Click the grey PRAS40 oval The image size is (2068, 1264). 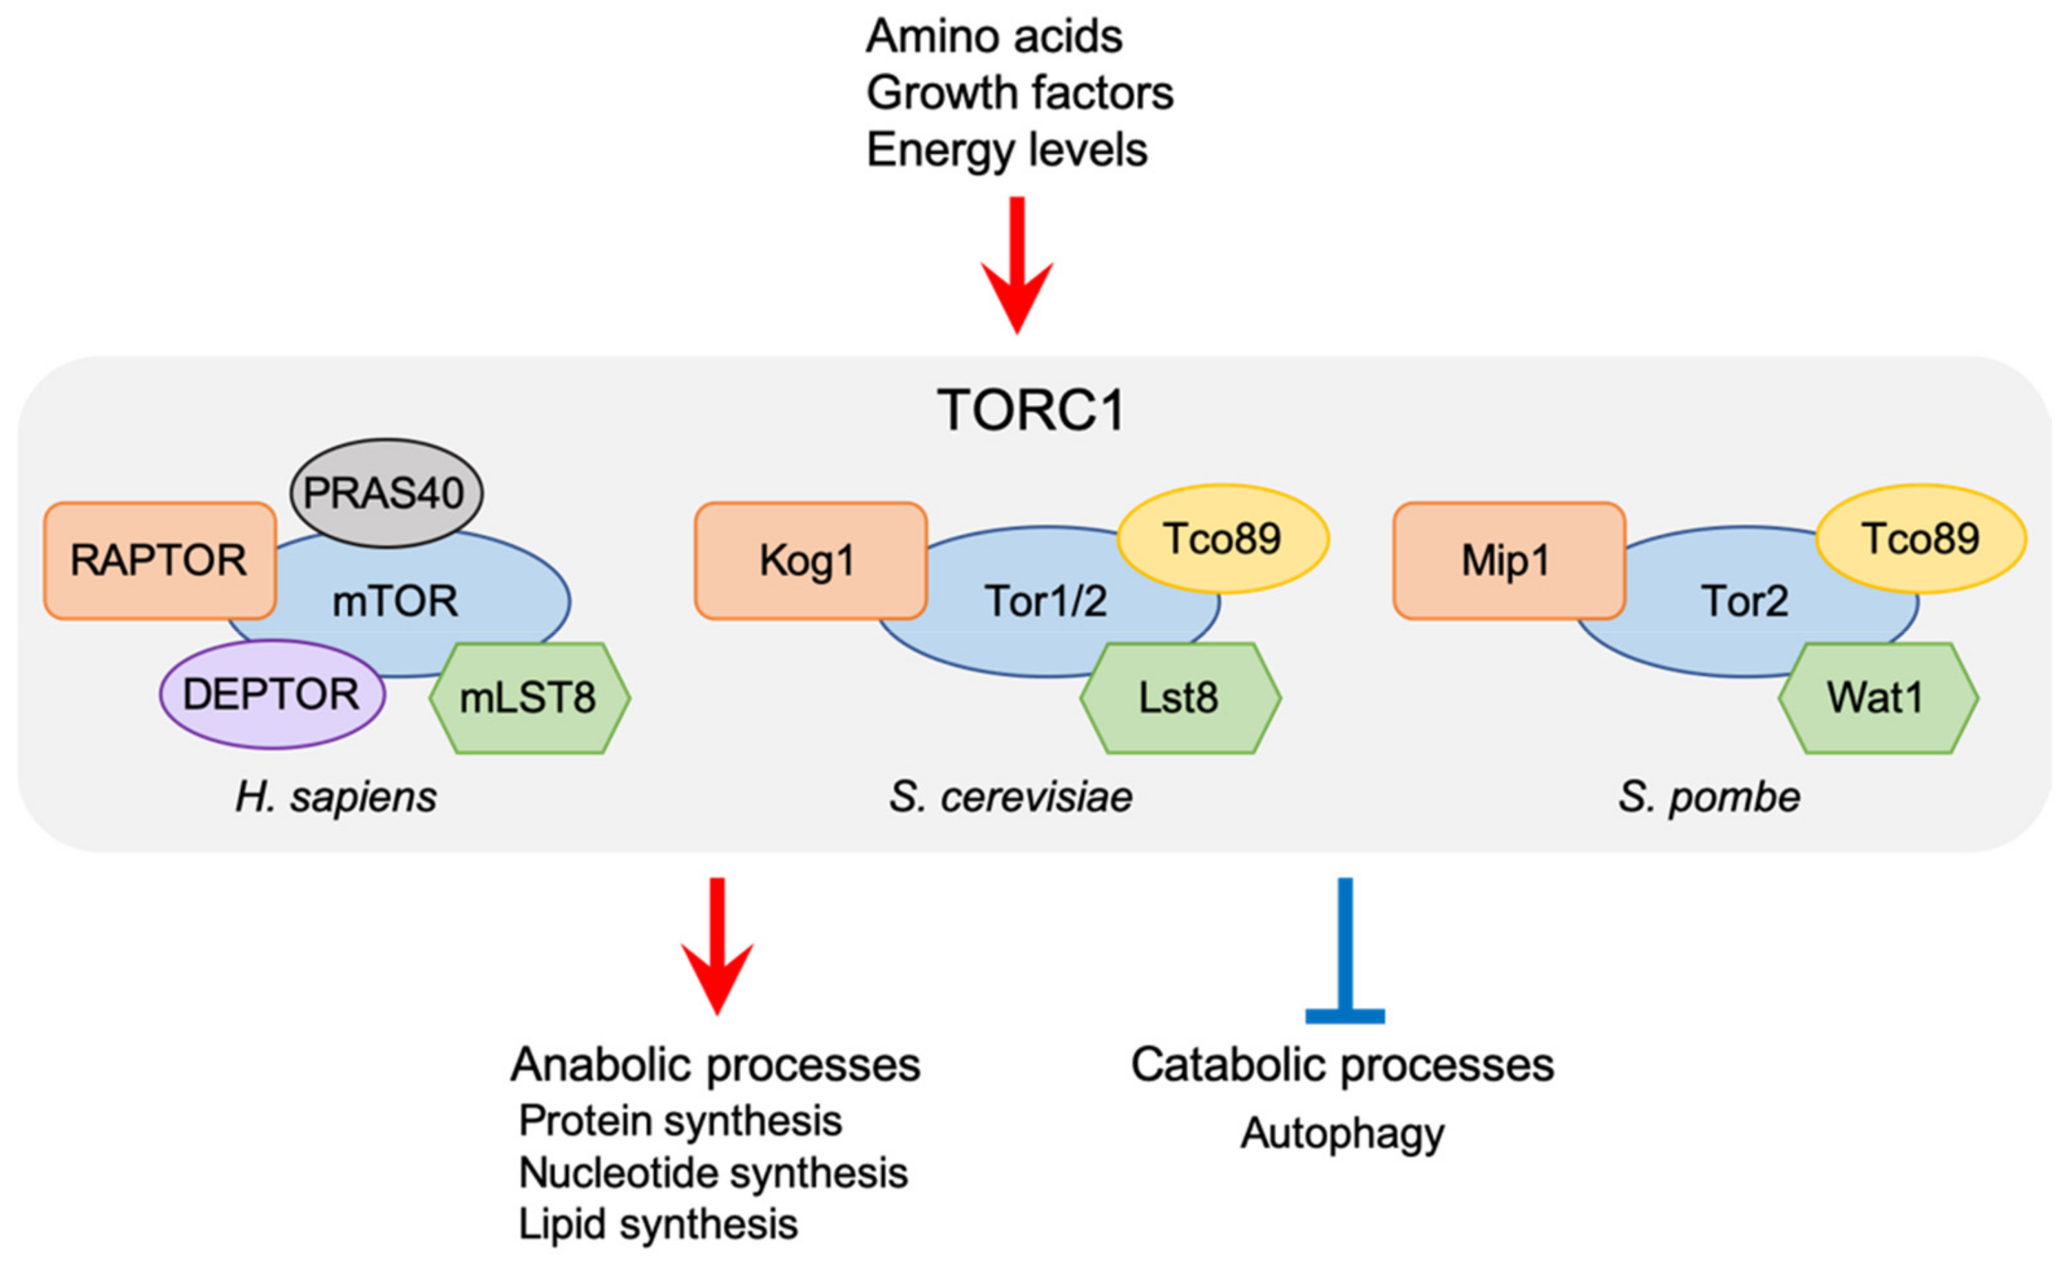tap(386, 493)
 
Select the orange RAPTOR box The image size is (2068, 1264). tap(160, 561)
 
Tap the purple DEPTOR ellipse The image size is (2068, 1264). tap(272, 695)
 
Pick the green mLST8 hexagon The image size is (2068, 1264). tap(530, 698)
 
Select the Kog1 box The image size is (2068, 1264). tap(810, 561)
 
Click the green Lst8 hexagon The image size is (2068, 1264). tap(1179, 698)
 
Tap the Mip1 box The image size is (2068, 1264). tap(1508, 561)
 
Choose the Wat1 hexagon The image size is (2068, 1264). tap(1877, 698)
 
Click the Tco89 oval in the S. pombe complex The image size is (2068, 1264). tap(1920, 539)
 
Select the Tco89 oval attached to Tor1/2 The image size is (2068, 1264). tap(1222, 539)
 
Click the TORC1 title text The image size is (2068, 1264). tap(1031, 411)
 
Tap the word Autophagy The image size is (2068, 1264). tap(1342, 1133)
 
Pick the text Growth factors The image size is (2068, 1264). tap(1019, 93)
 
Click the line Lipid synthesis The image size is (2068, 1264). tap(658, 1225)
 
